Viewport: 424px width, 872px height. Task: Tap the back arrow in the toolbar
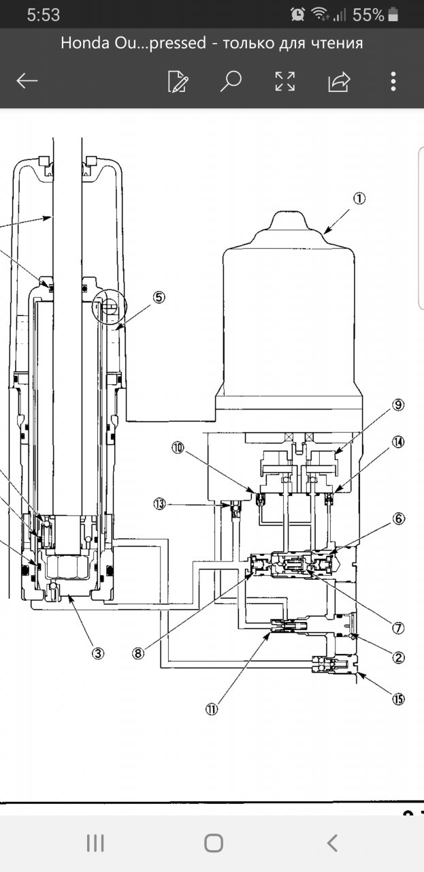click(27, 81)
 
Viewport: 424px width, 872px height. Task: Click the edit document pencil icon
click(177, 81)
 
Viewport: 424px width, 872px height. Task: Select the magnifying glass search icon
click(231, 81)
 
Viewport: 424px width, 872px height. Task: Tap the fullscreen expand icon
click(284, 81)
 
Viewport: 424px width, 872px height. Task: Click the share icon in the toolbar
click(338, 81)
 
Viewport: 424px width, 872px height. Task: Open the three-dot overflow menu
click(393, 81)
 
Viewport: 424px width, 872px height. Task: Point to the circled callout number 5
click(159, 297)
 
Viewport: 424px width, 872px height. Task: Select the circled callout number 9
click(398, 405)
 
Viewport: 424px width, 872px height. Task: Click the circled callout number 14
click(398, 442)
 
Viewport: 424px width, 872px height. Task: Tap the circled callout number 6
click(398, 518)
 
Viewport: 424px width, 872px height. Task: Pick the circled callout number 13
click(160, 504)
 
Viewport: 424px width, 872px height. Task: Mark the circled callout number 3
click(99, 653)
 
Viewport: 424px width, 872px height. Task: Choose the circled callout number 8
click(139, 653)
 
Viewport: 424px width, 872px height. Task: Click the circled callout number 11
click(212, 709)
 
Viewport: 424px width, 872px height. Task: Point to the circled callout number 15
click(398, 698)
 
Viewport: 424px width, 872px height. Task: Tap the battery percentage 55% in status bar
click(368, 14)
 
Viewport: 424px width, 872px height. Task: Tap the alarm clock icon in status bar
click(297, 14)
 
